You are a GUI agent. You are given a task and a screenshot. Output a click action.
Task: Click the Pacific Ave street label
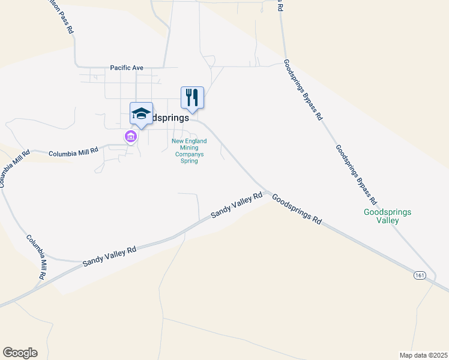point(127,68)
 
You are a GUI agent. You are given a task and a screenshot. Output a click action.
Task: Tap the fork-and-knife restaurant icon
point(192,97)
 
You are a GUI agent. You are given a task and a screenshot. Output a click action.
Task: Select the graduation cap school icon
point(141,113)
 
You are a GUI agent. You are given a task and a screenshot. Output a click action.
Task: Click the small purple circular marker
point(130,137)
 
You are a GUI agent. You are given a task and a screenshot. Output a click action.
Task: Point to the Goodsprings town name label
point(167,118)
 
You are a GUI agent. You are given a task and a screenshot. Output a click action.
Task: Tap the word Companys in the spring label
point(189,154)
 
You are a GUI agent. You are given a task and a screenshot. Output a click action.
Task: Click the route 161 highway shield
point(420,275)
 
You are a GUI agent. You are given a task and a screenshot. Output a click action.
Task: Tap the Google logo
point(20,353)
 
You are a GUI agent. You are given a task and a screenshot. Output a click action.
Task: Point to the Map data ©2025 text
point(423,355)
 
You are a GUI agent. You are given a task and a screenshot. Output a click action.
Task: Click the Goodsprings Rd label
point(297,209)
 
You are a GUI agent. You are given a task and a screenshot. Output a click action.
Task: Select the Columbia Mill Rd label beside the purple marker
point(73,153)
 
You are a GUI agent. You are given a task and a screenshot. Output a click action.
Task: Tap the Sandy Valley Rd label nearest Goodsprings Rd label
point(237,205)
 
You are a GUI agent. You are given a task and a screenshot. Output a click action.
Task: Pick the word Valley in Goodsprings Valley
point(388,220)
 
